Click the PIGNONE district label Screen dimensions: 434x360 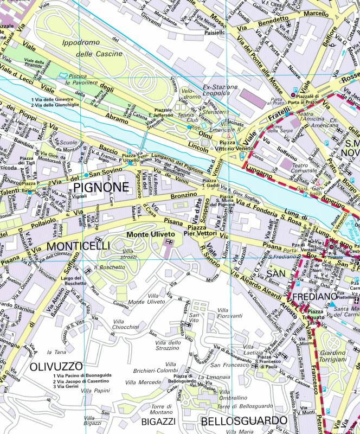101,188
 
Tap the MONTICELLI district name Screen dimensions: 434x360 78,246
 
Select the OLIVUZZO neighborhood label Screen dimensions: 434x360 57,366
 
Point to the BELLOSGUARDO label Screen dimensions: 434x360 243,421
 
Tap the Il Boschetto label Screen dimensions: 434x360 106,267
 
